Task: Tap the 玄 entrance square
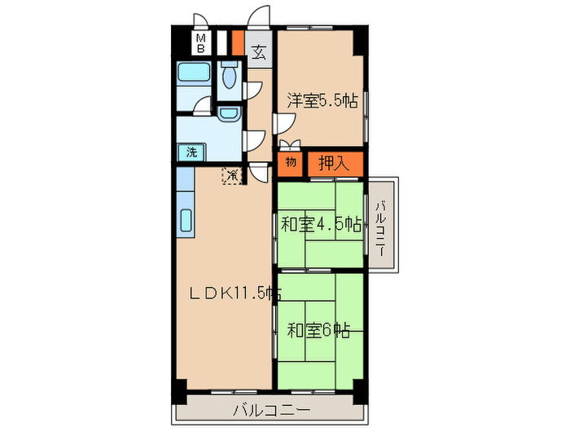click(x=258, y=55)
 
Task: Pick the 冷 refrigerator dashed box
click(x=233, y=174)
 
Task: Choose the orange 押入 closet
click(x=334, y=162)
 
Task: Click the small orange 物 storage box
click(x=291, y=162)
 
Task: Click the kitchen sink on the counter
click(x=185, y=220)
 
